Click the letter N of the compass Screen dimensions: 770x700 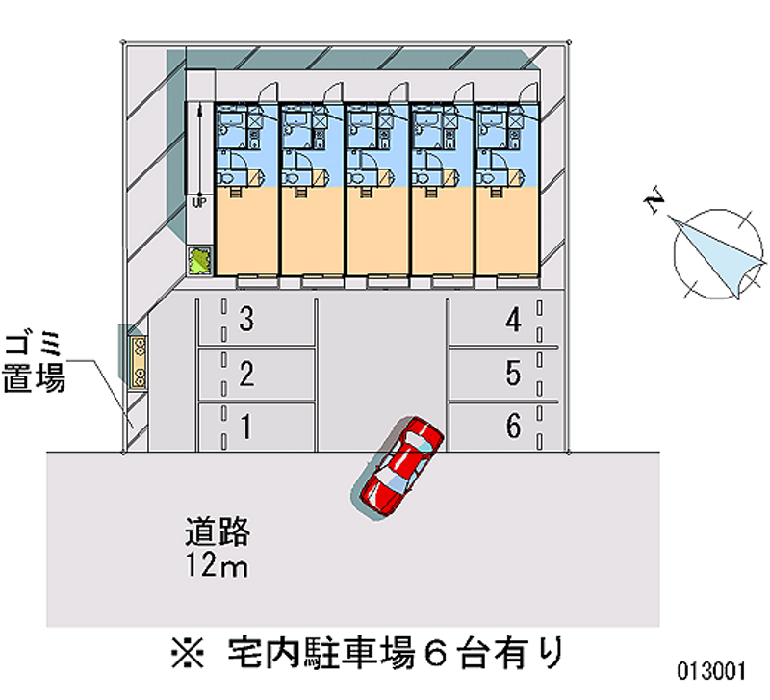pyautogui.click(x=654, y=200)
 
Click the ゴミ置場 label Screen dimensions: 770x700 pyautogui.click(x=34, y=364)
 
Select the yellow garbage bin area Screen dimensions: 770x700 pyautogui.click(x=139, y=363)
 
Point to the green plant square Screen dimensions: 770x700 pyautogui.click(x=199, y=260)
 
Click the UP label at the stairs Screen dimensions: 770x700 pyautogui.click(x=198, y=203)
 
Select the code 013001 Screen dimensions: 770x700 pyautogui.click(x=711, y=671)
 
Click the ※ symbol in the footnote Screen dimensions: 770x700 pyautogui.click(x=188, y=653)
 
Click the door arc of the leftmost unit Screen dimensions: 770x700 pyautogui.click(x=268, y=92)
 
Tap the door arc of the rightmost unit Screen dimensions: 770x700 pyautogui.click(x=528, y=92)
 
